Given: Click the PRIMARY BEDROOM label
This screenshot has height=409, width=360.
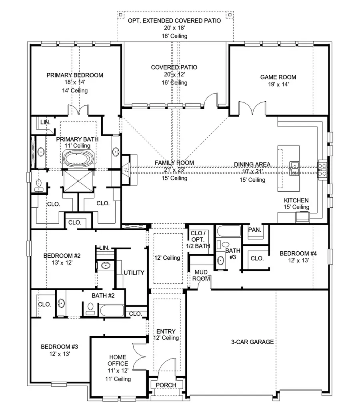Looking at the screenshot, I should (x=75, y=75).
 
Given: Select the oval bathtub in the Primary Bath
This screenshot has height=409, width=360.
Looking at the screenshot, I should (x=78, y=158).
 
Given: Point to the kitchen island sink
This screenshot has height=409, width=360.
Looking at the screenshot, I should (x=295, y=168).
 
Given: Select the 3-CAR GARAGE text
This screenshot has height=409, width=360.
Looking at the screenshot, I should (x=252, y=342).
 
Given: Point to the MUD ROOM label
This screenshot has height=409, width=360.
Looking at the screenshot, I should (x=201, y=275).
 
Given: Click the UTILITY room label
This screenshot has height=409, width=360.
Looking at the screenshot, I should (x=134, y=273).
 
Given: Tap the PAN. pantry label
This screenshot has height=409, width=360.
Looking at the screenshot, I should (x=255, y=230).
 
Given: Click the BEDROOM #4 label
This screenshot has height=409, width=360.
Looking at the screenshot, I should (x=298, y=253).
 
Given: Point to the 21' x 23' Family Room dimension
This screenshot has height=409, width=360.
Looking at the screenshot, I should (x=174, y=170).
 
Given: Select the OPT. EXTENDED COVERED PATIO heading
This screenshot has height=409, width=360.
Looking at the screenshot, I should (x=174, y=20).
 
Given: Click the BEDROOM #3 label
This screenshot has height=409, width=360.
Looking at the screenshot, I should (x=59, y=347).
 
